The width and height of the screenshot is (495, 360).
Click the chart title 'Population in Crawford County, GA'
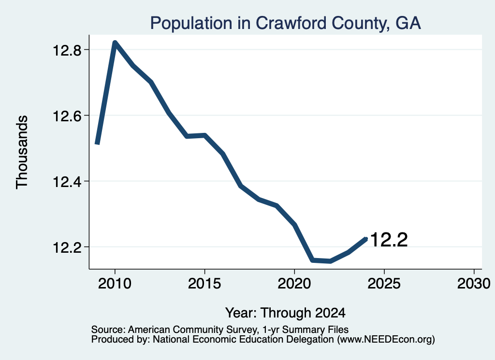[285, 23]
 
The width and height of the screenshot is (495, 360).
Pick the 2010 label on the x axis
[115, 283]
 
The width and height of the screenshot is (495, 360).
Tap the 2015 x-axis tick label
[204, 283]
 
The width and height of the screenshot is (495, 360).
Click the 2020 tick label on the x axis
[294, 283]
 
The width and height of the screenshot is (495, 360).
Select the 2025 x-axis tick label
[384, 283]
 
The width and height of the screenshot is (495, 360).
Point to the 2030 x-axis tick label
[474, 283]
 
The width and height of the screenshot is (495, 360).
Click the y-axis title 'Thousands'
[22, 152]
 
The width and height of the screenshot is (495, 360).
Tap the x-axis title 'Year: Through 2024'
[285, 313]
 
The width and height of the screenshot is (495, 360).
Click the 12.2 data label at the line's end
[389, 240]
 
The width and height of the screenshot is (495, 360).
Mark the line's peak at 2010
[115, 43]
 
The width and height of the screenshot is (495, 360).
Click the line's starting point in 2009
[97, 144]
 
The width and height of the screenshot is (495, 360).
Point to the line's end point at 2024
[366, 239]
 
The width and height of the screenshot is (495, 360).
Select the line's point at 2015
[204, 136]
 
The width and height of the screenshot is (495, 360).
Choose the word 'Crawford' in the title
[291, 23]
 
